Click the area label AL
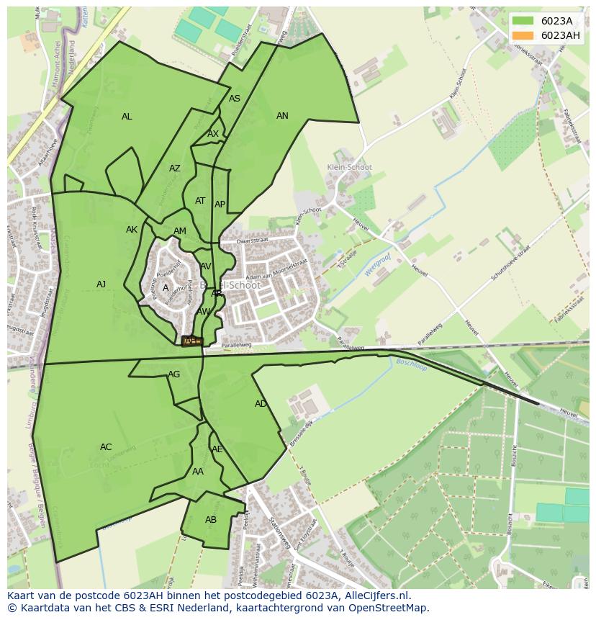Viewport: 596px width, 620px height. click(x=127, y=117)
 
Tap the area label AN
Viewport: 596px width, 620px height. click(x=282, y=116)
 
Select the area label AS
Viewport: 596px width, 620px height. click(x=235, y=99)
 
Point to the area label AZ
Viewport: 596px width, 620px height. click(x=175, y=169)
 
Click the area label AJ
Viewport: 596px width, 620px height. click(x=101, y=284)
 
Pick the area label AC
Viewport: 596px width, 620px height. click(x=106, y=447)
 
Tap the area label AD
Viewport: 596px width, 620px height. click(x=261, y=404)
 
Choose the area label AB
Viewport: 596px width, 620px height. click(x=211, y=520)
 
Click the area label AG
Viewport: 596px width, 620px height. click(x=174, y=374)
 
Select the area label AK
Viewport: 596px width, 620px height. click(x=132, y=230)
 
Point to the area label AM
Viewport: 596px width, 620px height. click(x=180, y=231)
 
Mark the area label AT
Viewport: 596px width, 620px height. click(x=200, y=201)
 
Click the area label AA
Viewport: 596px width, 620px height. click(x=198, y=472)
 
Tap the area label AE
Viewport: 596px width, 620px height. click(x=217, y=449)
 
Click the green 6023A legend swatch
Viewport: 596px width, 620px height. click(x=523, y=21)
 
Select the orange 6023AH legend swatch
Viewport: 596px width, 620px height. click(x=523, y=35)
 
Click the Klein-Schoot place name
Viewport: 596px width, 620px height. click(x=350, y=167)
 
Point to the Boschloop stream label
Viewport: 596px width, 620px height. click(x=411, y=364)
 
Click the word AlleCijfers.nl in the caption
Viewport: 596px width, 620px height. click(x=375, y=596)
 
